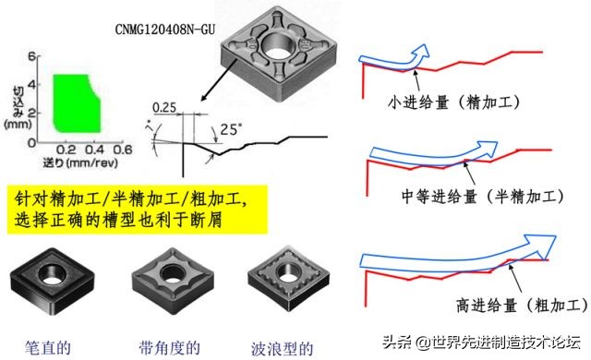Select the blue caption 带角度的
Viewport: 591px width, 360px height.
tap(168, 346)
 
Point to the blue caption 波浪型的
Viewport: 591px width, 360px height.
tap(282, 346)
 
